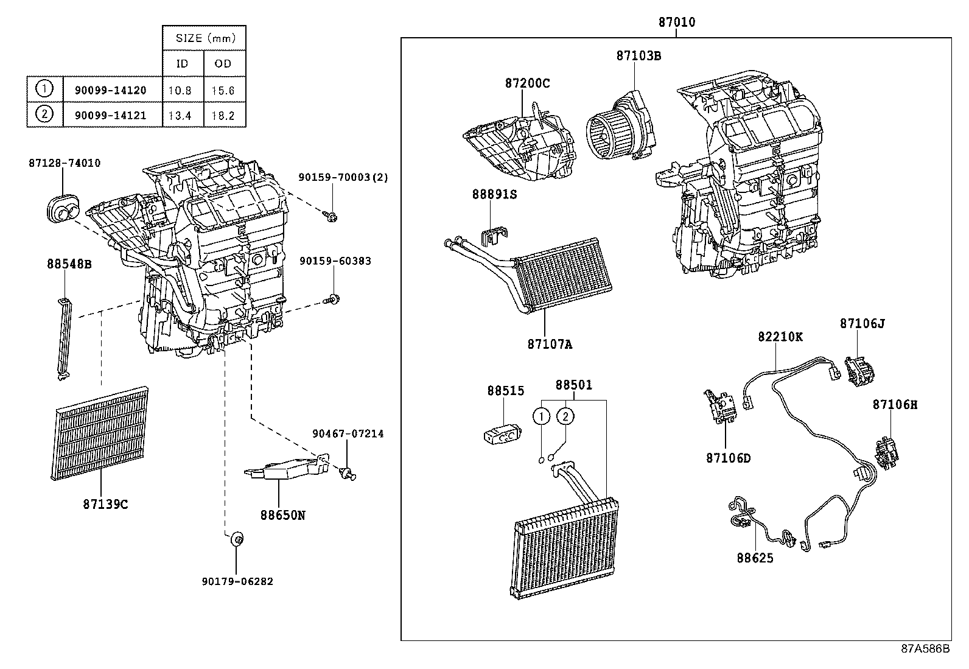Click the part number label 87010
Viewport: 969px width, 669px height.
(x=676, y=23)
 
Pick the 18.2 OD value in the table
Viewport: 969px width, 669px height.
(x=224, y=115)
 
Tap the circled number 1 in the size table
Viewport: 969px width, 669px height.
(x=44, y=89)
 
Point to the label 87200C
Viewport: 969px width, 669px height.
(x=526, y=83)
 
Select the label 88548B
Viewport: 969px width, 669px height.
(x=69, y=264)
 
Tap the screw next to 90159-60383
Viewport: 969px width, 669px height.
(x=333, y=298)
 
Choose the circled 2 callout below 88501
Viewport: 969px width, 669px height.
(x=565, y=416)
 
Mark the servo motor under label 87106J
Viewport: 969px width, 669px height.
(x=859, y=369)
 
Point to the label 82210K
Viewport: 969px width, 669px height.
(x=780, y=337)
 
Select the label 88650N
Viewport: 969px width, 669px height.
(x=282, y=514)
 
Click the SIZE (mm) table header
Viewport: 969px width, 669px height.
(x=204, y=38)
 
